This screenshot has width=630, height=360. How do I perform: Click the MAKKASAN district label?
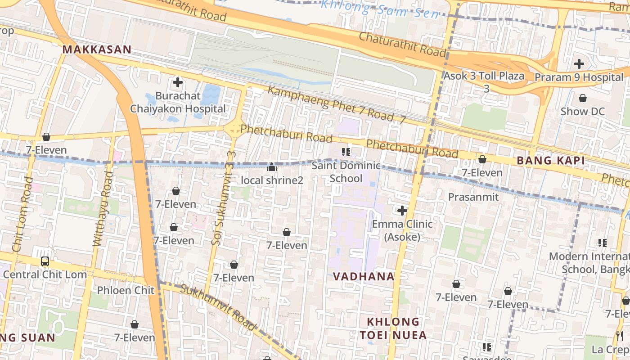click(x=97, y=49)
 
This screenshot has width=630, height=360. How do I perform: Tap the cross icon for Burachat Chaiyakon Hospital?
click(x=178, y=82)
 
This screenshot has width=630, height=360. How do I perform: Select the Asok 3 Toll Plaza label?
click(x=484, y=76)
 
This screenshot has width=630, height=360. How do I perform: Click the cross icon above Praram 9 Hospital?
click(x=579, y=64)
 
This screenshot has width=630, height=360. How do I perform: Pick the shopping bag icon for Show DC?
click(x=583, y=98)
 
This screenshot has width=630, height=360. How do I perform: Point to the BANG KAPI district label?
click(x=550, y=161)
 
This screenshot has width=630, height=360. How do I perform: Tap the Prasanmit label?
click(x=473, y=197)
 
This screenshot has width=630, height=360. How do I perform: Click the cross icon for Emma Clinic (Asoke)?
click(x=402, y=210)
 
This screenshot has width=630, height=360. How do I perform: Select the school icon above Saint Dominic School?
click(x=346, y=152)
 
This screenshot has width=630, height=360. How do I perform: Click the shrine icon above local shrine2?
click(x=271, y=167)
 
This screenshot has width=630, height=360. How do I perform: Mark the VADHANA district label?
click(x=364, y=277)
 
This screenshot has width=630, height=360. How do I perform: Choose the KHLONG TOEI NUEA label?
click(x=393, y=328)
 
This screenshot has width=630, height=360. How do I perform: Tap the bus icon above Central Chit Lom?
click(x=45, y=261)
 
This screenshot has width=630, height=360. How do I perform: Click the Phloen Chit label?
click(x=126, y=290)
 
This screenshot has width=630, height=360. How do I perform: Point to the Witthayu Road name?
click(x=102, y=209)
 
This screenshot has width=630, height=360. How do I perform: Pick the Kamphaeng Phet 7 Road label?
click(x=331, y=104)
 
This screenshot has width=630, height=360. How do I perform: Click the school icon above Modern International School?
click(x=603, y=243)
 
